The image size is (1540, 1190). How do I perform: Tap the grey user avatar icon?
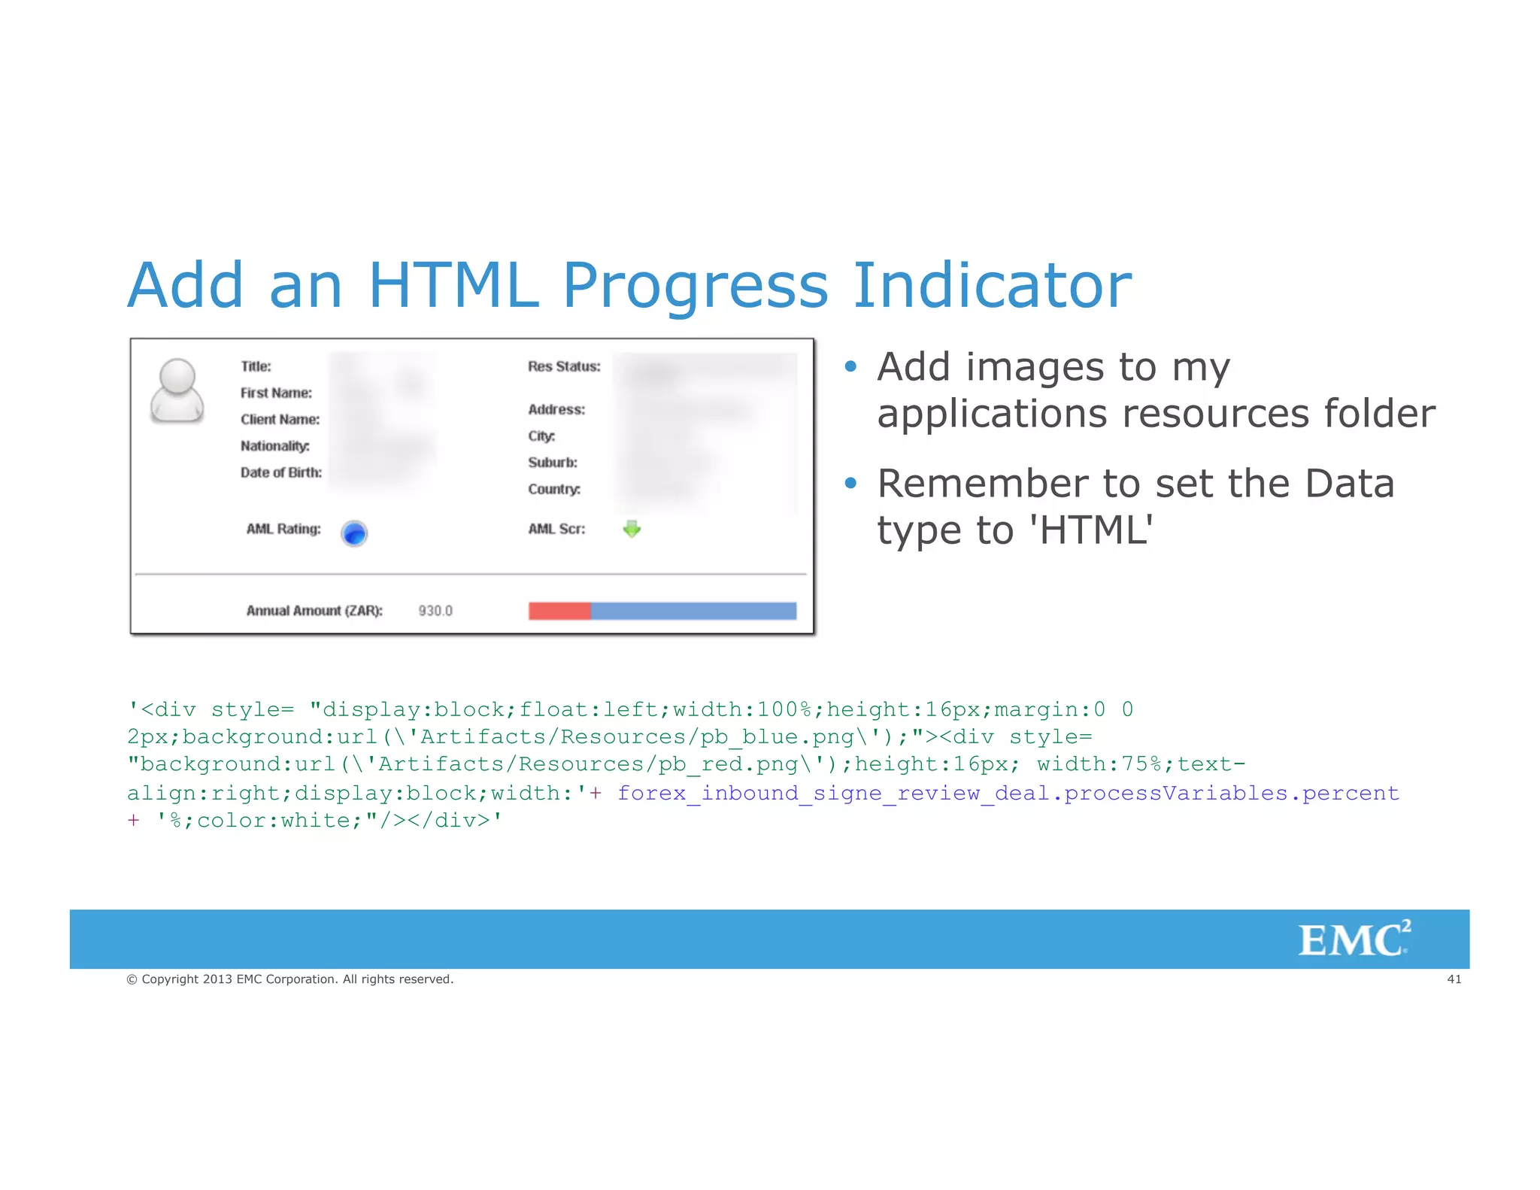pyautogui.click(x=177, y=390)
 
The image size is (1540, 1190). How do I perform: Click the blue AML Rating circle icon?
pyautogui.click(x=354, y=533)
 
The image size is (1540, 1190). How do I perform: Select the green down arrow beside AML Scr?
pyautogui.click(x=632, y=529)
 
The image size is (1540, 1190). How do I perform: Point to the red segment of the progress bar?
pyautogui.click(x=559, y=611)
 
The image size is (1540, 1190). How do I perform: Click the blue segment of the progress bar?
pyautogui.click(x=693, y=611)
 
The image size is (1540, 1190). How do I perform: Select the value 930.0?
pyautogui.click(x=435, y=611)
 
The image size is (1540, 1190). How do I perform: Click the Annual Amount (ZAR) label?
pyautogui.click(x=314, y=611)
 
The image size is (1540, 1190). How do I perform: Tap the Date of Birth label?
pyautogui.click(x=280, y=472)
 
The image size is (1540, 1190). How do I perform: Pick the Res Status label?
pyautogui.click(x=564, y=366)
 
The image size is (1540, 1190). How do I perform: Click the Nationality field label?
pyautogui.click(x=274, y=446)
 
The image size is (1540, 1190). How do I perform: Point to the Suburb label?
pyautogui.click(x=552, y=463)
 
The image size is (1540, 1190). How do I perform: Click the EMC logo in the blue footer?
pyautogui.click(x=1354, y=940)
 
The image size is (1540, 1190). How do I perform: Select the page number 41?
pyautogui.click(x=1454, y=979)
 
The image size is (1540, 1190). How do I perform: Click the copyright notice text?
pyautogui.click(x=290, y=979)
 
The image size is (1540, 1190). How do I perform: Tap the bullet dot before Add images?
pyautogui.click(x=850, y=366)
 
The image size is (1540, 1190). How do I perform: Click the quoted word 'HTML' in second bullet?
pyautogui.click(x=1090, y=530)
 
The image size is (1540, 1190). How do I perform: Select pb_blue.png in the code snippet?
pyautogui.click(x=777, y=736)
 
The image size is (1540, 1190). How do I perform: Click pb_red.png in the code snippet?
pyautogui.click(x=728, y=764)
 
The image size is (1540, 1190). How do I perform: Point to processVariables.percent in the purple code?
pyautogui.click(x=1231, y=793)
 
